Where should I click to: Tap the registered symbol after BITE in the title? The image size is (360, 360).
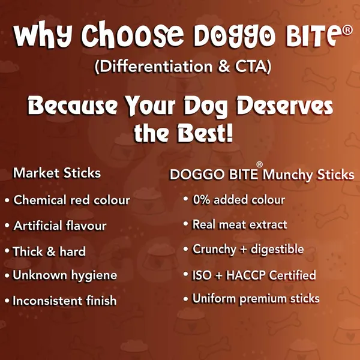(x=347, y=31)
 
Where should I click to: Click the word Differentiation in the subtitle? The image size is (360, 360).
(x=156, y=67)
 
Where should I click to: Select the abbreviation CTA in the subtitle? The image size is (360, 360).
(x=250, y=67)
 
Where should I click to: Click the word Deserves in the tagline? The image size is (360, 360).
(x=285, y=106)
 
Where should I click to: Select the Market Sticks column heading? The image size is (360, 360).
(x=57, y=173)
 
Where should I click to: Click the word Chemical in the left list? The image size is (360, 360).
(x=40, y=200)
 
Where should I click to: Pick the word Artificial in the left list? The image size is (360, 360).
(x=38, y=226)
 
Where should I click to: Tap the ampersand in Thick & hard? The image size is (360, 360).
(x=51, y=251)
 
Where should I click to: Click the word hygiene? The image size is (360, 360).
(x=94, y=275)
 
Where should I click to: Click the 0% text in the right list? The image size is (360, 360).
(x=202, y=200)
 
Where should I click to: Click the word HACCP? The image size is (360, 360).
(x=245, y=275)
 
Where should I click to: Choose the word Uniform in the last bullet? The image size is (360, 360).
(x=214, y=298)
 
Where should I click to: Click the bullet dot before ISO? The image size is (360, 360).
(x=186, y=274)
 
